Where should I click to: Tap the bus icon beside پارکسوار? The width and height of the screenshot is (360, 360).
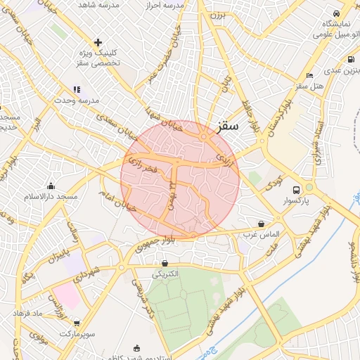click(296, 190)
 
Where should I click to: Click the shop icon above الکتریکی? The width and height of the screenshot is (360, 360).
click(165, 264)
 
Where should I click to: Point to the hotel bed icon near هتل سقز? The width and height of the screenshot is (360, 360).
click(310, 75)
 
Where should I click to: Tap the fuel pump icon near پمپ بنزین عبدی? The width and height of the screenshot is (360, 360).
click(350, 60)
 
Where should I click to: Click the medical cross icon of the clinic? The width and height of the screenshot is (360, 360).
click(98, 42)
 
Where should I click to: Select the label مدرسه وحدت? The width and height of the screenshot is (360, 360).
click(100, 101)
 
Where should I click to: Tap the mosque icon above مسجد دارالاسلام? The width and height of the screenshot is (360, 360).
click(51, 186)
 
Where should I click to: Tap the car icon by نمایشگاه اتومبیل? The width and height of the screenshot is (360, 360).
click(336, 13)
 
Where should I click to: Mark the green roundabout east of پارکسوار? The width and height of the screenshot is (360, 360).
click(309, 188)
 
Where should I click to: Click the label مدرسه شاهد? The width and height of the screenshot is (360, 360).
click(95, 4)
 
